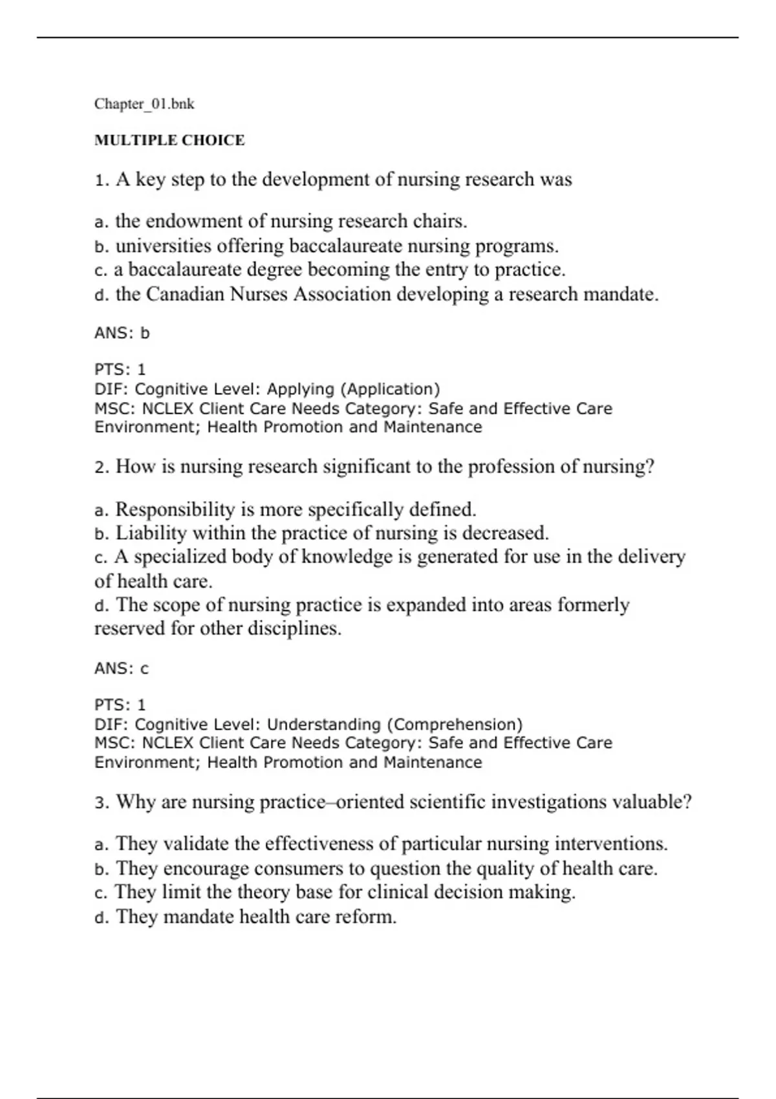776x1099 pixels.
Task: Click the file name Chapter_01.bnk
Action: click(144, 104)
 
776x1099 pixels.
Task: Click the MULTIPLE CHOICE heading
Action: click(169, 140)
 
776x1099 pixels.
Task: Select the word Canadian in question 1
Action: click(186, 294)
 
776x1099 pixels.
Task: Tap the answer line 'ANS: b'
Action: click(122, 333)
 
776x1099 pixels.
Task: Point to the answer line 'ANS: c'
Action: click(122, 668)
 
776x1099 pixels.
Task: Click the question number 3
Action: click(100, 803)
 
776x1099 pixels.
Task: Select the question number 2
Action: click(100, 467)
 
